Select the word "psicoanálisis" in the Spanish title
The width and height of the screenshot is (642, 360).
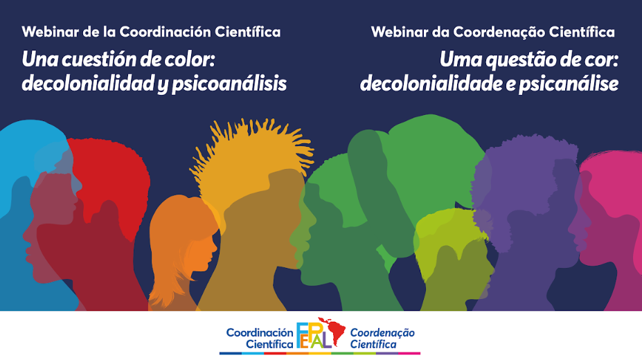pyautogui.click(x=229, y=84)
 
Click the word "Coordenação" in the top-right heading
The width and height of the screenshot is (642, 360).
pyautogui.click(x=499, y=32)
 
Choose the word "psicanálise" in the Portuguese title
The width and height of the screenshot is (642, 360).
pyautogui.click(x=569, y=84)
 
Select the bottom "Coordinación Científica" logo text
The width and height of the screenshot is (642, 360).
pyautogui.click(x=260, y=339)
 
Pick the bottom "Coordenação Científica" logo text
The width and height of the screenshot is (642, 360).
pyautogui.click(x=382, y=339)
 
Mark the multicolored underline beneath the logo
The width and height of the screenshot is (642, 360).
pyautogui.click(x=320, y=353)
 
